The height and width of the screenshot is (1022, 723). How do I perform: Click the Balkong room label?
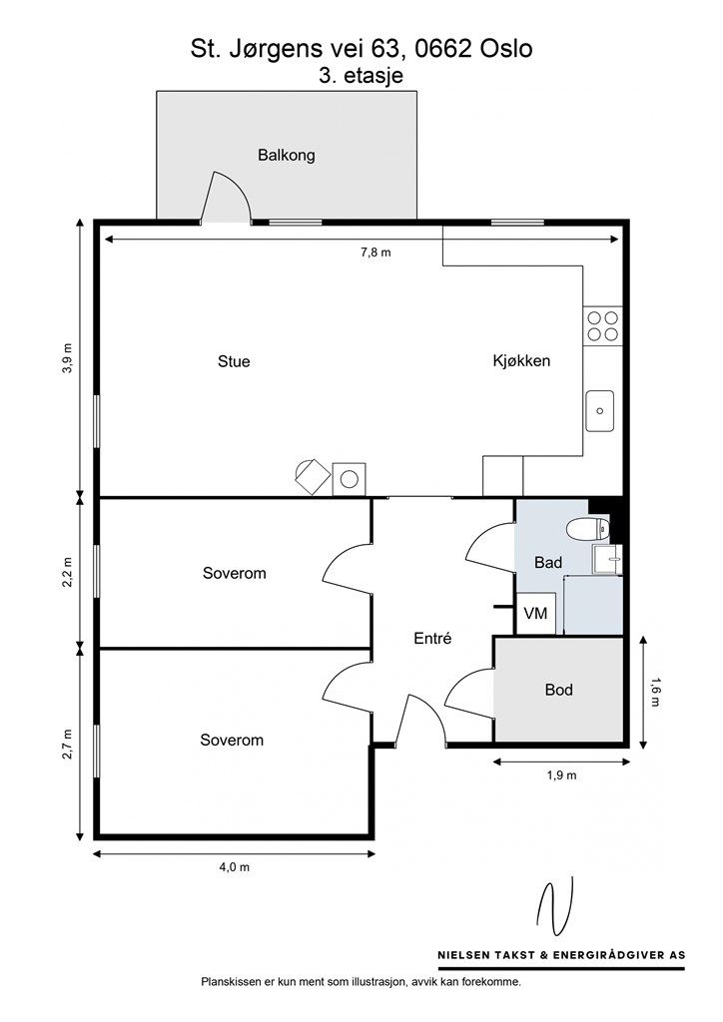287,155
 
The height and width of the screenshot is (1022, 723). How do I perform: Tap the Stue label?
234,361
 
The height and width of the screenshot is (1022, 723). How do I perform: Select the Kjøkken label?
521,360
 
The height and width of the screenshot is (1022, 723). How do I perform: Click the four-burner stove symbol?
602,326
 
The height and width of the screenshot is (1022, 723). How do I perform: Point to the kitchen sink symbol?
600,410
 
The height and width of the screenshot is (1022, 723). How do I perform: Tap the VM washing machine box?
536,614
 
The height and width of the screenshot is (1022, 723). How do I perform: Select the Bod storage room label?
558,690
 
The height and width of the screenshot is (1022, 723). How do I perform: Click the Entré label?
432,638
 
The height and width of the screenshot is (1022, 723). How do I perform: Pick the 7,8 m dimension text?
376,253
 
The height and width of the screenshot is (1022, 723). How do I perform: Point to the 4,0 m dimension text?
235,867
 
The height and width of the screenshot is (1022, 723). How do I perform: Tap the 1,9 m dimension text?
561,774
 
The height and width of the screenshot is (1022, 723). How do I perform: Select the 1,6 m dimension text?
654,693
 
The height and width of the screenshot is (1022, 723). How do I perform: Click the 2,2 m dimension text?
68,572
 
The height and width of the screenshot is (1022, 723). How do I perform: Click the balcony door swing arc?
236,189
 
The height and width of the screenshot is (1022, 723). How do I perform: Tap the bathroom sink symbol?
607,559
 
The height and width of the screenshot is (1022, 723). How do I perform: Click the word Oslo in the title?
506,48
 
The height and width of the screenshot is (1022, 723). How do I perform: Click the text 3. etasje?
361,76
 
